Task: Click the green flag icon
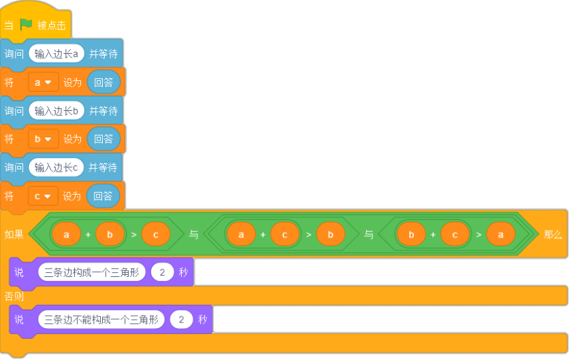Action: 26,24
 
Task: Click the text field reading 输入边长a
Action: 57,54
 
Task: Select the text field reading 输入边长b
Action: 57,110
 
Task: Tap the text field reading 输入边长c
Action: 56,167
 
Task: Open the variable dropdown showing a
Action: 43,82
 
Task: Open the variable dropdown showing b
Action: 43,139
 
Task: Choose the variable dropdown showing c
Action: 43,196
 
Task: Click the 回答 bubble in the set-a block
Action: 103,82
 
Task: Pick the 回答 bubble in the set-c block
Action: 103,196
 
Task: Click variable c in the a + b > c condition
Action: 155,234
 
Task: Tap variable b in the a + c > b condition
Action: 331,234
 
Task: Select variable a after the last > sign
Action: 500,234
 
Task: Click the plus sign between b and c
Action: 433,234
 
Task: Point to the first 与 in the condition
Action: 193,234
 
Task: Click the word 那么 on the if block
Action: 553,234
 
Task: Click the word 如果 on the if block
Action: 14,234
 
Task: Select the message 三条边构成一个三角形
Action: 92,272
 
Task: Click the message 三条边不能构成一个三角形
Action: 101,319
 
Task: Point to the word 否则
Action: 14,296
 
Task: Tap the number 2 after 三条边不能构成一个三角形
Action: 181,319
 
